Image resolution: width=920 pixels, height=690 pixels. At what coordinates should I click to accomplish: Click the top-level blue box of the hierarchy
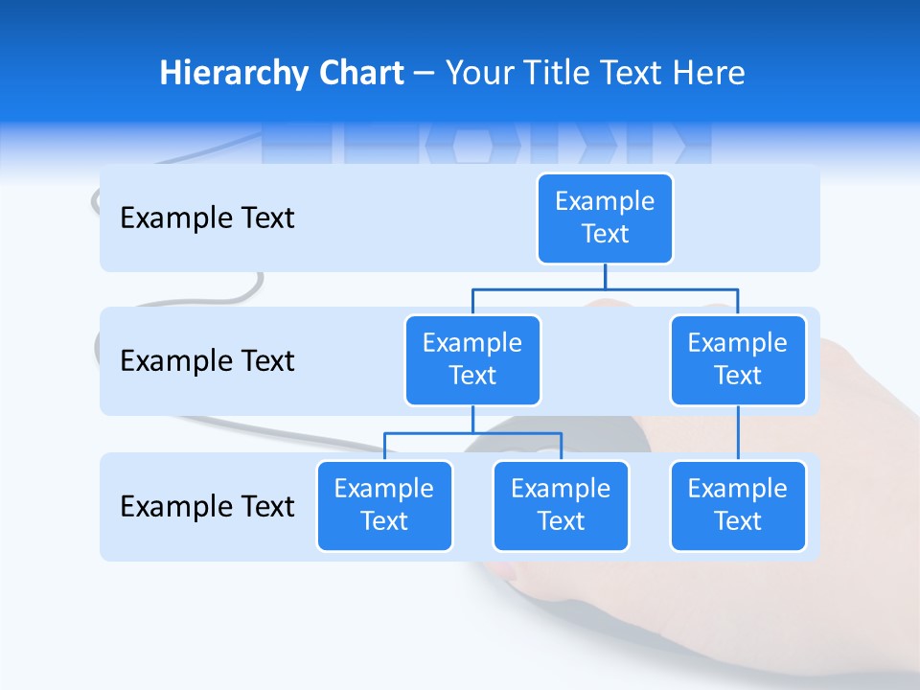click(x=605, y=218)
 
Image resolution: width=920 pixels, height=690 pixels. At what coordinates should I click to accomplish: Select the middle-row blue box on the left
click(x=472, y=359)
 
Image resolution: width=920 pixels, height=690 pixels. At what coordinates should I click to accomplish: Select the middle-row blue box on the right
click(x=738, y=359)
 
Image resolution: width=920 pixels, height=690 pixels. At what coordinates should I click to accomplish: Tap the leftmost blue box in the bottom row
click(x=384, y=505)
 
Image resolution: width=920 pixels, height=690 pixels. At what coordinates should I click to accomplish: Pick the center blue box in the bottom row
click(x=561, y=505)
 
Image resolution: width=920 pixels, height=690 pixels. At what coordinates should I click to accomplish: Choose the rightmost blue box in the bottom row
click(x=738, y=505)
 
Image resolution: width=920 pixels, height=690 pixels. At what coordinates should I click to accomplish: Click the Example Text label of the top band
click(x=207, y=218)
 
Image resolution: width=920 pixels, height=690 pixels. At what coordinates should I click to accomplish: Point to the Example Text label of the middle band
click(x=207, y=361)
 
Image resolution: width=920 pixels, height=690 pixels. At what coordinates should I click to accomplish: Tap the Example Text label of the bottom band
click(x=207, y=506)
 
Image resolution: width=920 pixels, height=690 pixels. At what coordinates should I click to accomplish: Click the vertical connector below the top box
click(x=605, y=277)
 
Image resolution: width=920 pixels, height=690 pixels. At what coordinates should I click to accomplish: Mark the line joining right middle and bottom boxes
click(x=738, y=433)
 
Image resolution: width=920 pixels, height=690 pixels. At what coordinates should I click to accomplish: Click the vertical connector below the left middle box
click(x=472, y=420)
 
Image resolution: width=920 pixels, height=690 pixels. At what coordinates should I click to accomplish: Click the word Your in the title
click(x=479, y=73)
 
